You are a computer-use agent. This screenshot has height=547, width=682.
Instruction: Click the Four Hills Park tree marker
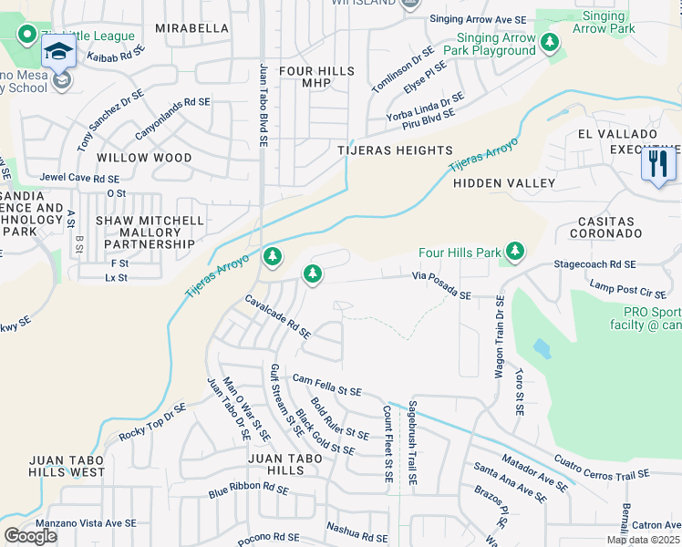pyautogui.click(x=515, y=251)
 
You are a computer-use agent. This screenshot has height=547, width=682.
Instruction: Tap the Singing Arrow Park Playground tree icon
pyautogui.click(x=549, y=42)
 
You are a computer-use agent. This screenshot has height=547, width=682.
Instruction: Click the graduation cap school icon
pyautogui.click(x=57, y=51)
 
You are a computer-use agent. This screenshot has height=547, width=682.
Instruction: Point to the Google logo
pyautogui.click(x=30, y=535)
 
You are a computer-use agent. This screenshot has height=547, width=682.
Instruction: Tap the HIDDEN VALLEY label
pyautogui.click(x=504, y=183)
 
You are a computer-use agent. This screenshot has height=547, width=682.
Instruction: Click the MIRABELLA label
pyautogui.click(x=191, y=28)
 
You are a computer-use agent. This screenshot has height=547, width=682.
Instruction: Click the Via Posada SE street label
pyautogui.click(x=441, y=284)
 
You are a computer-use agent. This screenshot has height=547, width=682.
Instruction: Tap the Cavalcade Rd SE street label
pyautogui.click(x=278, y=316)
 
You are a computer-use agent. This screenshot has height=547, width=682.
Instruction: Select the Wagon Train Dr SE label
pyautogui.click(x=500, y=335)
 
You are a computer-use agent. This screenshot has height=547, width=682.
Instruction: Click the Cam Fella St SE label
pyautogui.click(x=326, y=385)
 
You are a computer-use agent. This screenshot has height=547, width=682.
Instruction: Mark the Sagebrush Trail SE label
pyautogui.click(x=412, y=442)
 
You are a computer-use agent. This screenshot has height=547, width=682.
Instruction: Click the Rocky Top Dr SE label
pyautogui.click(x=152, y=423)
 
